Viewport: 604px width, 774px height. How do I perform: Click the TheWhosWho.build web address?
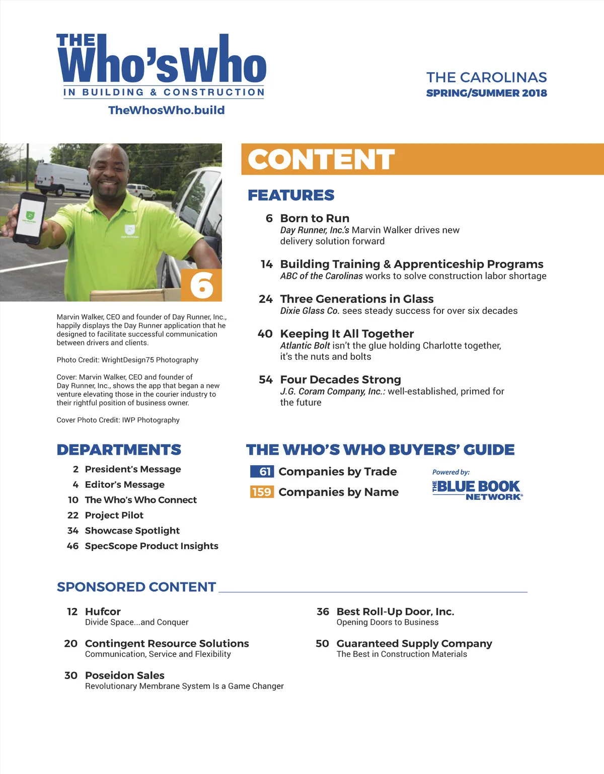click(x=166, y=110)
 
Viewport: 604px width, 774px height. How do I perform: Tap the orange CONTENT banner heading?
click(x=321, y=159)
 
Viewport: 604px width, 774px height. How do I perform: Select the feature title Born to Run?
click(x=315, y=218)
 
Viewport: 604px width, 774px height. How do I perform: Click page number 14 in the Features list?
click(x=266, y=265)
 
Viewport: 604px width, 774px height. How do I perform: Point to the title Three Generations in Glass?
click(x=356, y=299)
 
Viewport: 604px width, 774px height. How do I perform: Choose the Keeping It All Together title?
click(x=347, y=334)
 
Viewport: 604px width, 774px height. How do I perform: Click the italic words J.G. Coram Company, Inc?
click(x=332, y=391)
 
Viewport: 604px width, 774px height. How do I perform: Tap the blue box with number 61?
click(x=262, y=471)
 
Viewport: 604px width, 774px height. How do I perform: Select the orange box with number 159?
click(x=262, y=492)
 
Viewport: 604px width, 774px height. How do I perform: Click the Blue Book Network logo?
click(x=477, y=490)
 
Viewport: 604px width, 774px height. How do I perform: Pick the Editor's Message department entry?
click(x=124, y=484)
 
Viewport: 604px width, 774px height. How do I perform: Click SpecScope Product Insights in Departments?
click(x=152, y=546)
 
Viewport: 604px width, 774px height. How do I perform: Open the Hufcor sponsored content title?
click(x=103, y=612)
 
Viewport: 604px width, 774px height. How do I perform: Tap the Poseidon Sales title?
click(x=124, y=675)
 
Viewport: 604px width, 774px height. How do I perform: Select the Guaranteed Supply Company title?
click(x=414, y=644)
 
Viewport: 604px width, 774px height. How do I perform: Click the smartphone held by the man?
click(x=29, y=217)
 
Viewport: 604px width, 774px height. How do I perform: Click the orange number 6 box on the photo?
click(x=201, y=285)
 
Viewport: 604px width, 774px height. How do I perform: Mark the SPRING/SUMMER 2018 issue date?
click(x=486, y=93)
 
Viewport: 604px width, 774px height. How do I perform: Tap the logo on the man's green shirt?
click(x=130, y=230)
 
